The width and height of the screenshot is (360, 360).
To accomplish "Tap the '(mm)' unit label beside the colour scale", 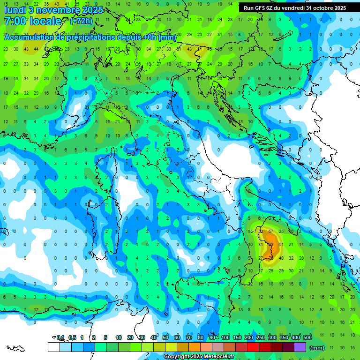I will (x=317, y=347).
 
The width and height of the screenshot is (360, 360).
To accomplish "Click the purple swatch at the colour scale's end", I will (x=300, y=347).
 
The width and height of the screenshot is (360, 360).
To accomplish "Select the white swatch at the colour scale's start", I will (x=53, y=347).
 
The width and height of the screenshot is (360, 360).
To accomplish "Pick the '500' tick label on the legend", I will (x=307, y=338).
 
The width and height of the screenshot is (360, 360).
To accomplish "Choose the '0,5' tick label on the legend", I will (x=73, y=338).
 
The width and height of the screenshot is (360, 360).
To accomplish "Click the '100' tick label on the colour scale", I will (x=225, y=338).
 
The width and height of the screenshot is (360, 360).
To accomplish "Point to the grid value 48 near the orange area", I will (x=281, y=258).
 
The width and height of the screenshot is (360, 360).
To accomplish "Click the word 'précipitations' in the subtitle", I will (x=105, y=37).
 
